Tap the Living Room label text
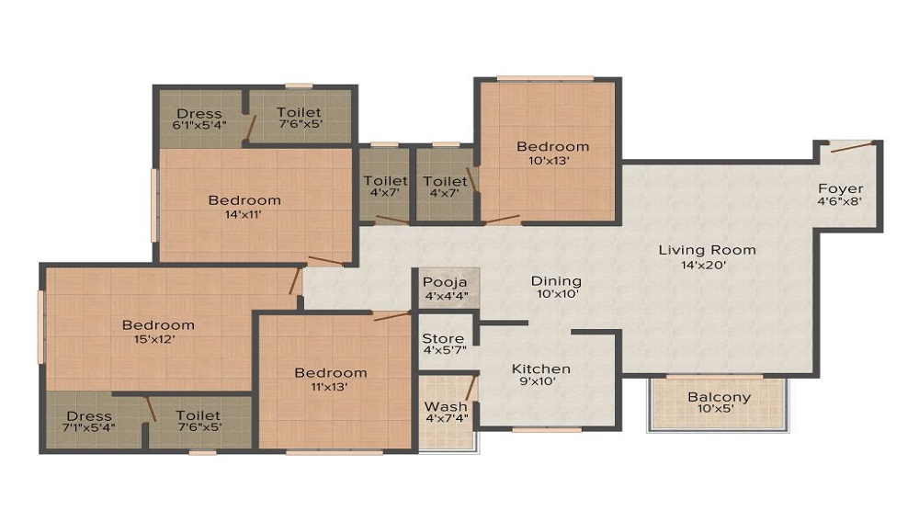tap(707, 250)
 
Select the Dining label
tap(556, 281)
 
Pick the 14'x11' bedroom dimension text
tap(244, 215)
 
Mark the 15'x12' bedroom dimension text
tap(158, 339)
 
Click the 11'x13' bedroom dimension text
tap(330, 387)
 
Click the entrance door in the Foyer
tap(850, 146)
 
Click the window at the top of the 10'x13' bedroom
tap(545, 79)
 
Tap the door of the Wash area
tap(469, 386)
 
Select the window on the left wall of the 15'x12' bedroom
tap(40, 326)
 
